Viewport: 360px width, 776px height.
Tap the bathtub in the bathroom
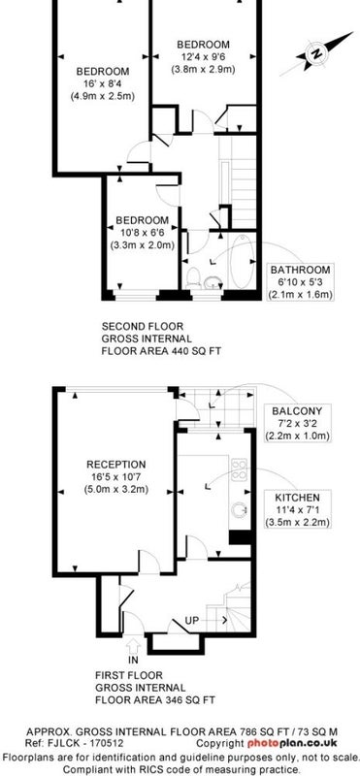pos(244,262)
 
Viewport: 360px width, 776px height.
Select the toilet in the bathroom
pos(193,278)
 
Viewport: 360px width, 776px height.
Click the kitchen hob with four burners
pos(239,469)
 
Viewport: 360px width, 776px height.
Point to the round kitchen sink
pos(240,510)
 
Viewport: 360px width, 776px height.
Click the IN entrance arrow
pos(133,647)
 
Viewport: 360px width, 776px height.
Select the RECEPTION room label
pos(116,465)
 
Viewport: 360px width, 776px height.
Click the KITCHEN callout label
pos(298,498)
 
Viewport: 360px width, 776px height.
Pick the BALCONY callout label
pos(297,410)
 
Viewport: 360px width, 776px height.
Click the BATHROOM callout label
pos(300,270)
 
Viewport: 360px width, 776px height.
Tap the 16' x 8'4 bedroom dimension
pos(103,83)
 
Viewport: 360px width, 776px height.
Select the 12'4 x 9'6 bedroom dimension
pos(203,57)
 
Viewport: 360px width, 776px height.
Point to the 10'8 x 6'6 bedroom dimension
pos(142,233)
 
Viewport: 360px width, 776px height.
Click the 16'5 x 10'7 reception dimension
pos(116,477)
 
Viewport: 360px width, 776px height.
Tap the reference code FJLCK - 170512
pos(83,743)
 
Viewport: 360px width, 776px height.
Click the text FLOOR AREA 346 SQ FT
pos(155,700)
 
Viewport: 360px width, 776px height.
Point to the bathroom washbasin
pos(213,282)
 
